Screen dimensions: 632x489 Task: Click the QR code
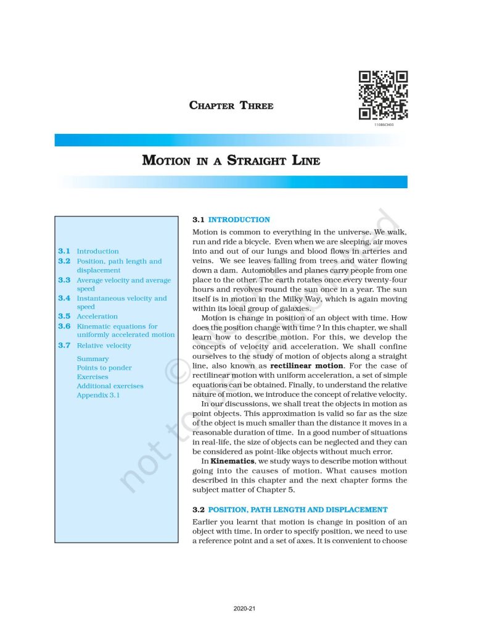[383, 95]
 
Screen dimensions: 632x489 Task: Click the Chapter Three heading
[231, 106]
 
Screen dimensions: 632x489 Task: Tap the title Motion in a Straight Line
[231, 161]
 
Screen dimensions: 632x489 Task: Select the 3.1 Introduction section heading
[231, 220]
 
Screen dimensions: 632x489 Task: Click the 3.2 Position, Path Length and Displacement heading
[290, 510]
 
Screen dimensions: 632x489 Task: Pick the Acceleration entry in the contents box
[97, 317]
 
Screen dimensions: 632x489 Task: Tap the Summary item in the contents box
[92, 359]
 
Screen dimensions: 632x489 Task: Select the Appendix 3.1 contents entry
[98, 395]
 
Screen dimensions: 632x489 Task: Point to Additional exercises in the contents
[110, 386]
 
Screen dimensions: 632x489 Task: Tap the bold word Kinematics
[228, 460]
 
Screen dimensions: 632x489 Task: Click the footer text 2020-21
[244, 609]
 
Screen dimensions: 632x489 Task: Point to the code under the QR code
[383, 125]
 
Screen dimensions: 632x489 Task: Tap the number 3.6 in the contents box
[64, 326]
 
